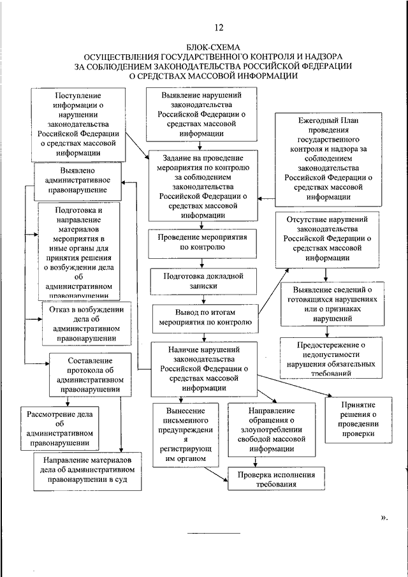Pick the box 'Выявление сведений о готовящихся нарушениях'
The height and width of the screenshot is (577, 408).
coord(325,303)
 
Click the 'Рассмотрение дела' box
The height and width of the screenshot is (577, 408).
coord(58,428)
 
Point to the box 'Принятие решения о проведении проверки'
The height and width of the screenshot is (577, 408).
coord(356,419)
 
